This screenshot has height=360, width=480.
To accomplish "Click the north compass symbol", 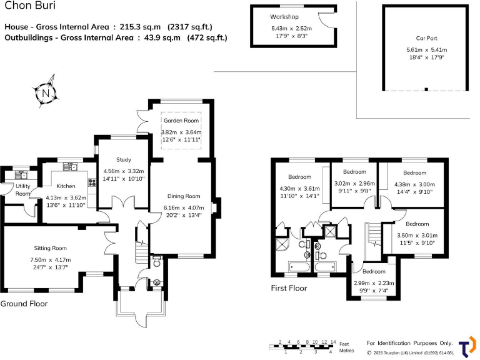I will pyautogui.click(x=46, y=93).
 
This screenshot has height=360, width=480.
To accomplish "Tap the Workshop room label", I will pyautogui.click(x=284, y=16).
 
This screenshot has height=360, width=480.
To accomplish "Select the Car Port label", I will pyautogui.click(x=426, y=38).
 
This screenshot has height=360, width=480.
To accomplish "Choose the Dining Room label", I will pyautogui.click(x=184, y=196).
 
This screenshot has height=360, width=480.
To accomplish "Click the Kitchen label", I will pyautogui.click(x=66, y=186).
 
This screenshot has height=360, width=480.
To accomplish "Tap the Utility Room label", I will pyautogui.click(x=23, y=190).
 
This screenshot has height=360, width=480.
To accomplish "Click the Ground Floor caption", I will pyautogui.click(x=24, y=304).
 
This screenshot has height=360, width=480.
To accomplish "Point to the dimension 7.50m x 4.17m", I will pyautogui.click(x=50, y=260).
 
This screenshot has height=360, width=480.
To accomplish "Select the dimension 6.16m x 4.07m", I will pyautogui.click(x=184, y=208).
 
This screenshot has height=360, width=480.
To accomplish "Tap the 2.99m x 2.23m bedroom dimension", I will pyautogui.click(x=374, y=283).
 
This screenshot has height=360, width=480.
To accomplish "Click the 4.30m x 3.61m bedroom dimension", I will pyautogui.click(x=299, y=189).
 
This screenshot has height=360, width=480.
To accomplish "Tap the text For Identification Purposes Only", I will pyautogui.click(x=409, y=343).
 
